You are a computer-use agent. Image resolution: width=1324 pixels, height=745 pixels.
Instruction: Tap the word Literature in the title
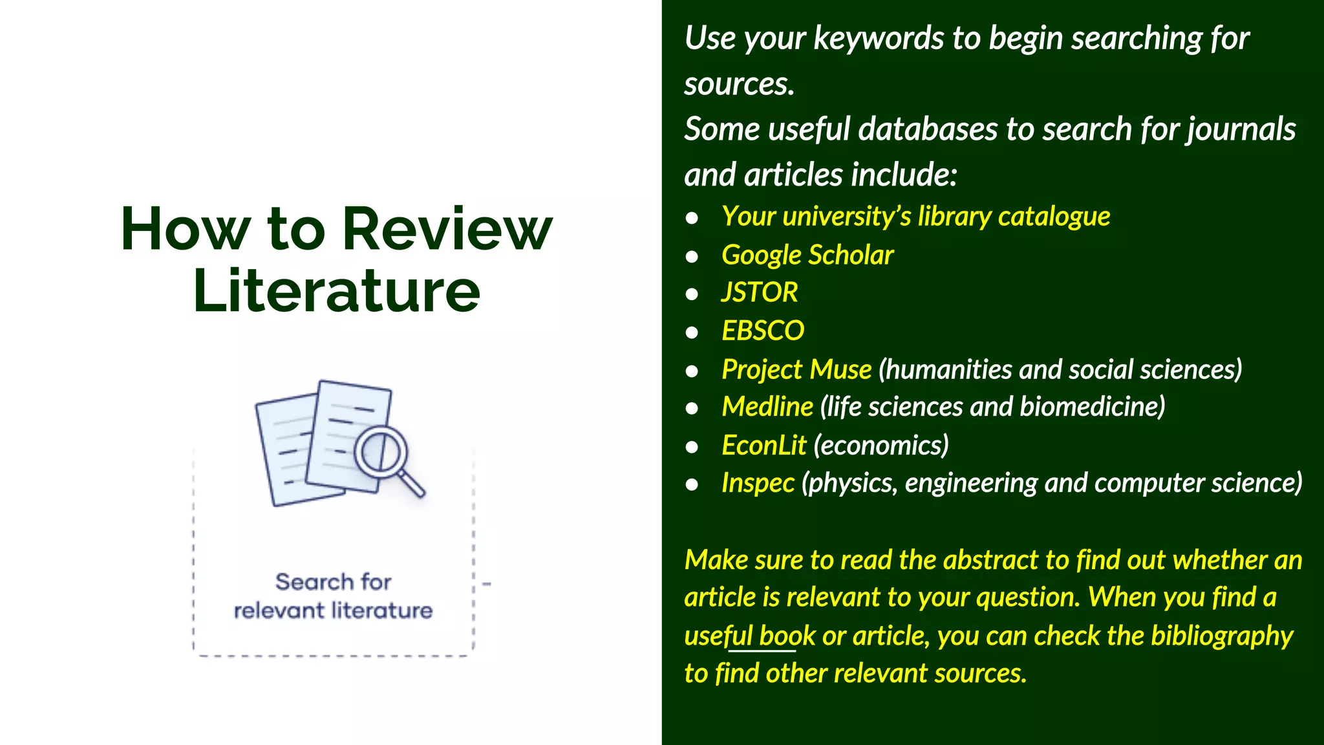pos(337,290)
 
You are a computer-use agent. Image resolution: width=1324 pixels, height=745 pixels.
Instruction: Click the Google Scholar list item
pos(807,255)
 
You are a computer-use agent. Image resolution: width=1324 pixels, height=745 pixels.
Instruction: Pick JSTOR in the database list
pos(760,292)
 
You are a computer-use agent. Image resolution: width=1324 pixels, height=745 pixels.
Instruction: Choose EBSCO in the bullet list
pos(763,330)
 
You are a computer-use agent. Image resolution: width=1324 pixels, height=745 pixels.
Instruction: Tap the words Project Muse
pos(796,369)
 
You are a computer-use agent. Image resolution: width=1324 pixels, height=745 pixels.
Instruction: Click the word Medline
pos(767,407)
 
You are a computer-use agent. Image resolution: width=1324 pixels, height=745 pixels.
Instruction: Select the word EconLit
pos(763,446)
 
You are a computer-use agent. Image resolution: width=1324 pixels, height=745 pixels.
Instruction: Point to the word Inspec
pos(758,483)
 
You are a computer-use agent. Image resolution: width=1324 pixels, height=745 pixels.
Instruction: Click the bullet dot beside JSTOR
pos(692,294)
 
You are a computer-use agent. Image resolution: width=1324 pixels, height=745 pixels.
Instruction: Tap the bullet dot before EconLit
pos(692,447)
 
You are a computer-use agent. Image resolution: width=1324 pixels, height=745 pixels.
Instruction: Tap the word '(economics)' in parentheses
pos(881,446)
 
